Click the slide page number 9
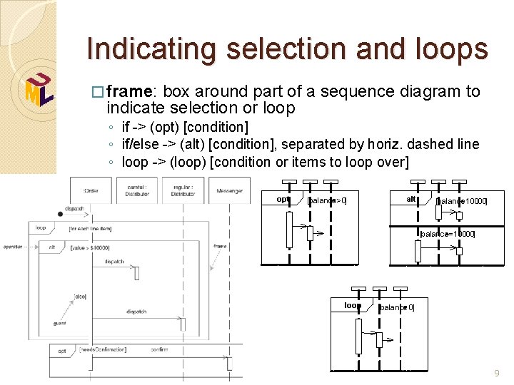[498, 374]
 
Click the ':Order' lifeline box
[91, 190]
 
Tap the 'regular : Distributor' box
[183, 190]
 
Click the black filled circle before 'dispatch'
[60, 214]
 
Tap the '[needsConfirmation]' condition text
[103, 350]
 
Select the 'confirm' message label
[159, 349]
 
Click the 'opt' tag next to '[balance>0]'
[283, 200]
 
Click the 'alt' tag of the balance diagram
[412, 200]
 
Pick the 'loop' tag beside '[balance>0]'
[352, 305]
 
